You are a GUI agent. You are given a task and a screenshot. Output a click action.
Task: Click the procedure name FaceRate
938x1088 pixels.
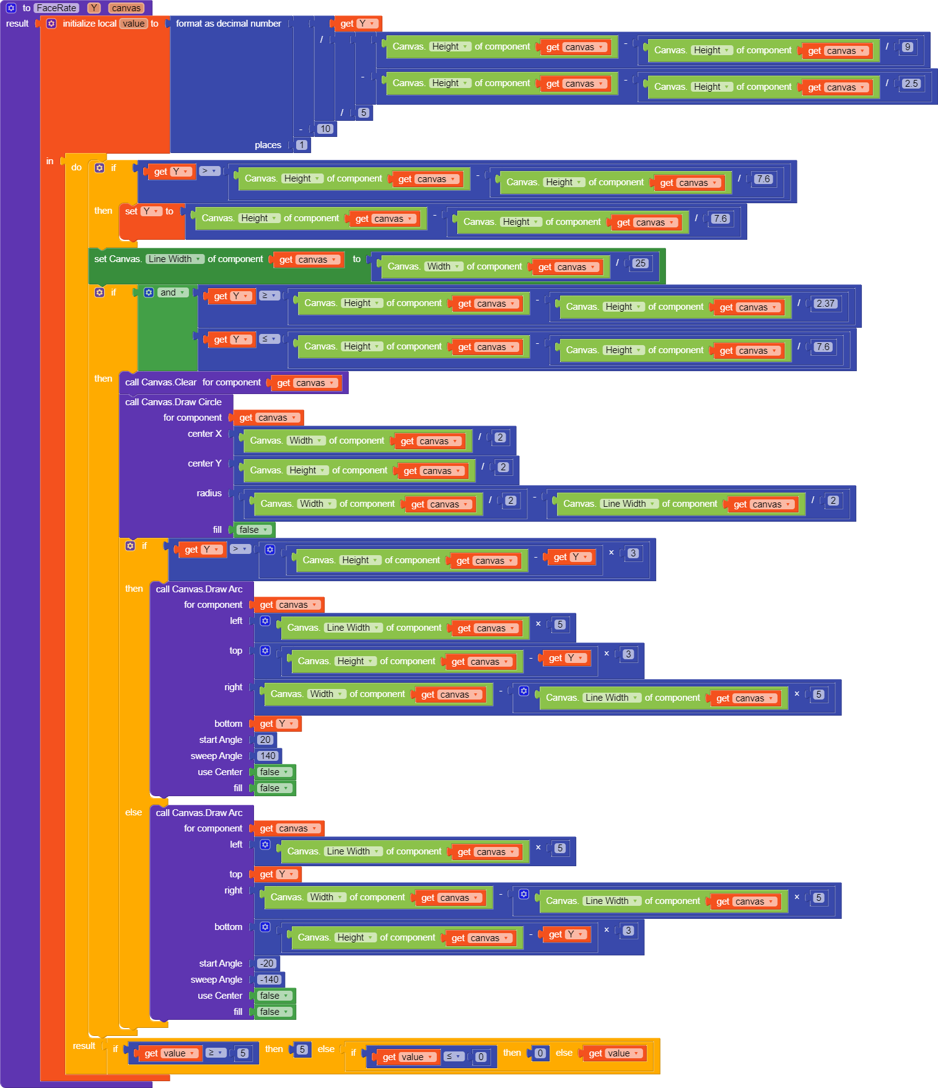(56, 8)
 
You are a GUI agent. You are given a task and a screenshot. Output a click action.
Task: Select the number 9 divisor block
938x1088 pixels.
(908, 47)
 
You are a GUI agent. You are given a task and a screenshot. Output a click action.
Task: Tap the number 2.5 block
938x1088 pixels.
(911, 84)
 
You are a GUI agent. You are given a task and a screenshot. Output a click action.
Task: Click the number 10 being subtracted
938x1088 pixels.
(325, 129)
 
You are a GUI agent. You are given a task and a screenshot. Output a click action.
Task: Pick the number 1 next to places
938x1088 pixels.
(302, 145)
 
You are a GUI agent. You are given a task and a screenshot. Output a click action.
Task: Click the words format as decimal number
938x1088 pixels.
(228, 24)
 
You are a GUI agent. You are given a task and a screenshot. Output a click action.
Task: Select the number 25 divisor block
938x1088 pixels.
(640, 263)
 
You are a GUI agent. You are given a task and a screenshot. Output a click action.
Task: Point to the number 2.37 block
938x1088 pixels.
(825, 304)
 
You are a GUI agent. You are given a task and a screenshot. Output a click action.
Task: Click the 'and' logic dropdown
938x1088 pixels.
(172, 292)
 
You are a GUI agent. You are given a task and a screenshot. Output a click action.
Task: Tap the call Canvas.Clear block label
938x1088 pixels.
(161, 382)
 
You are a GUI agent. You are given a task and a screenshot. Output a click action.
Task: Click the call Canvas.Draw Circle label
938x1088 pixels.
(173, 402)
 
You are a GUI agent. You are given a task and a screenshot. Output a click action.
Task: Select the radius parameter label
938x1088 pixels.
(209, 493)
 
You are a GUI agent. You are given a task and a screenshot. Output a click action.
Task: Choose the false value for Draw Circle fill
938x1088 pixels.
(253, 530)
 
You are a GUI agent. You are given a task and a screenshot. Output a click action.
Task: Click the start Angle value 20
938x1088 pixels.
(265, 740)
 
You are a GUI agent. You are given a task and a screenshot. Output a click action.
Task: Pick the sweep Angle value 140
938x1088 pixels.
(268, 756)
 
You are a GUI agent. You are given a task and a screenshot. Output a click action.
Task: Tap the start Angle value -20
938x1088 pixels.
(266, 963)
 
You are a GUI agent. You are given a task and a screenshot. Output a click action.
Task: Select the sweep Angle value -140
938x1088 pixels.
(269, 980)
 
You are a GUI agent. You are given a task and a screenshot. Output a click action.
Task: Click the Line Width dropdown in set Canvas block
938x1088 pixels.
(175, 259)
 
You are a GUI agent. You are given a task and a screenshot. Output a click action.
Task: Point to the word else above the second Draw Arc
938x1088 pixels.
(133, 812)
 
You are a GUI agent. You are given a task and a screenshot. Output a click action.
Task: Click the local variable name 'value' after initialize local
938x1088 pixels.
(133, 24)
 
